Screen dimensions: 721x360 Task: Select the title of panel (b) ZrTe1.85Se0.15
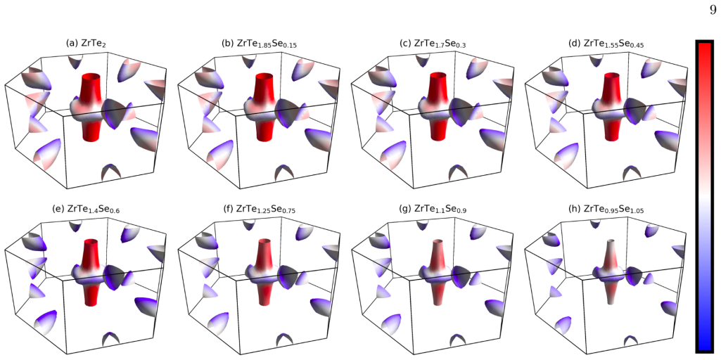pyautogui.click(x=260, y=44)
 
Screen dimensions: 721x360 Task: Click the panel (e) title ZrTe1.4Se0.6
pyautogui.click(x=86, y=210)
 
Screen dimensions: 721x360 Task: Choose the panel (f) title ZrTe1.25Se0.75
pyautogui.click(x=260, y=210)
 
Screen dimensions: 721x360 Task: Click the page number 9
pyautogui.click(x=713, y=10)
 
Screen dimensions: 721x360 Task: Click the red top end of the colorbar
pyautogui.click(x=703, y=51)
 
